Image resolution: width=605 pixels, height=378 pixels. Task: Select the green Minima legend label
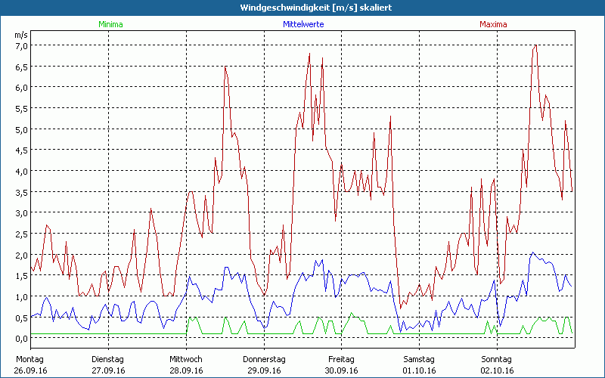coord(110,24)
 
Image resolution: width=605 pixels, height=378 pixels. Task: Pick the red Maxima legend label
coord(493,24)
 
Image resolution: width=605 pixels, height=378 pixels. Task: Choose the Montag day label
coord(29,358)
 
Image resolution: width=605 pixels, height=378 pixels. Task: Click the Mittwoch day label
coord(186,358)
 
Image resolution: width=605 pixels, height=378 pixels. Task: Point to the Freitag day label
coord(341,358)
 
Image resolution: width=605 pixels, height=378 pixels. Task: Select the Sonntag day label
coord(496,358)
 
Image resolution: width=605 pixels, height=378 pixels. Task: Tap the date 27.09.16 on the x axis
coord(108,370)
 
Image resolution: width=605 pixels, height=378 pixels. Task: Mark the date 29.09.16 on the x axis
coord(264,370)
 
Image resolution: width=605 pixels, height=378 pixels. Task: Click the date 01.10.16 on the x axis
coord(418,370)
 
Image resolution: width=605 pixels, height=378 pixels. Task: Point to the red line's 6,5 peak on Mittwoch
coord(225,67)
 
